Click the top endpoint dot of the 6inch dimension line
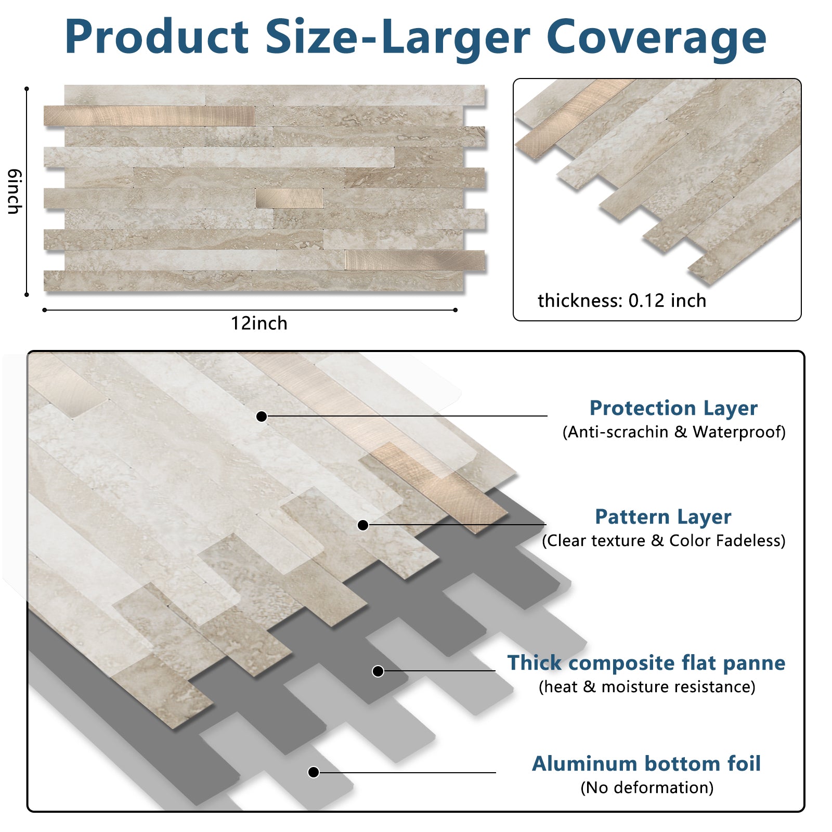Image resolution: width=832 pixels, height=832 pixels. click(27, 89)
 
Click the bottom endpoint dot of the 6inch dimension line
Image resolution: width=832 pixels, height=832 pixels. click(27, 295)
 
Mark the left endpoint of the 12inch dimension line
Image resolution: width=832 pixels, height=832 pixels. click(45, 310)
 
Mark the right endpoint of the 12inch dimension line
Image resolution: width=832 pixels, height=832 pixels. click(456, 310)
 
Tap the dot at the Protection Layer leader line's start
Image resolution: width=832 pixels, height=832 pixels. click(262, 416)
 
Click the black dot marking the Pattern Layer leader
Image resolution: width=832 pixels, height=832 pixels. click(363, 525)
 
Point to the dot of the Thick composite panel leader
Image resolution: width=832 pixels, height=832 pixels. click(378, 671)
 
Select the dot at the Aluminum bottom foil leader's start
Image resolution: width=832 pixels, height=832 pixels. click(314, 772)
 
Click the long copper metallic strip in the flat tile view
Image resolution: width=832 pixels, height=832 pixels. click(149, 115)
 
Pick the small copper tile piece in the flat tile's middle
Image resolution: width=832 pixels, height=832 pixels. click(289, 198)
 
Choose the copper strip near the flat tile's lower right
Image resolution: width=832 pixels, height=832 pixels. click(415, 260)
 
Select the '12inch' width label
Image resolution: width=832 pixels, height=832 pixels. click(259, 323)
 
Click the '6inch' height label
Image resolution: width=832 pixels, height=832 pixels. click(15, 191)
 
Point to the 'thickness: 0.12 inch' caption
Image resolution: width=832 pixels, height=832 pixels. click(622, 301)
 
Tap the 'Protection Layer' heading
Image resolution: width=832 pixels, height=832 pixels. click(673, 408)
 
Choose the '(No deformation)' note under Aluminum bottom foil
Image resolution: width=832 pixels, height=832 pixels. click(647, 787)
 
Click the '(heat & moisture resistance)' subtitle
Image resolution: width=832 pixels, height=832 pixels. click(647, 686)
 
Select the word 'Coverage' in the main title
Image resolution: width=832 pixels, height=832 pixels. click(656, 36)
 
